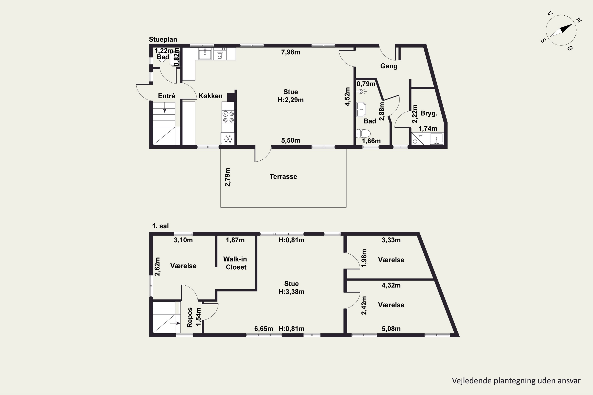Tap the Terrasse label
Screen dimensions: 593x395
click(x=283, y=177)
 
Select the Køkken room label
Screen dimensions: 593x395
click(x=211, y=96)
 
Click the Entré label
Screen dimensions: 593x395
click(x=166, y=96)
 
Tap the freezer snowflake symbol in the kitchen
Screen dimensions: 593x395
click(x=228, y=139)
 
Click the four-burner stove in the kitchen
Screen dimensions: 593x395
click(x=228, y=117)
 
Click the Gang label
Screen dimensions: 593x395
click(x=389, y=66)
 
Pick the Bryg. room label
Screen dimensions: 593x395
click(x=429, y=113)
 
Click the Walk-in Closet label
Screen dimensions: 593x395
click(x=235, y=263)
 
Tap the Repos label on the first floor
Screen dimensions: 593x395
click(x=190, y=317)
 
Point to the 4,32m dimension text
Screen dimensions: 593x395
click(x=391, y=285)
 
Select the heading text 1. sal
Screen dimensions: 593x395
click(x=160, y=226)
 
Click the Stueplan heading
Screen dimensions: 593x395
click(x=163, y=39)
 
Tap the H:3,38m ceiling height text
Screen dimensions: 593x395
click(x=291, y=292)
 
